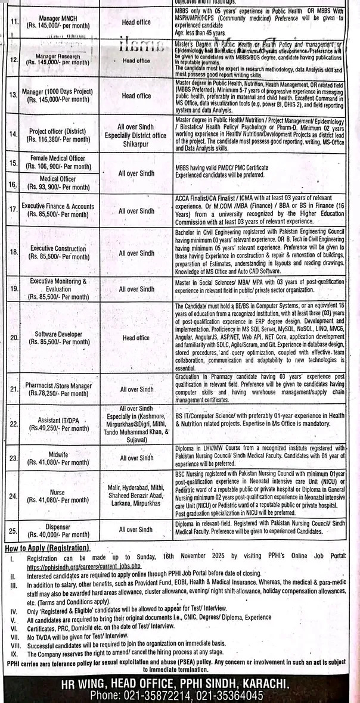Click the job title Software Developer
tap(58, 334)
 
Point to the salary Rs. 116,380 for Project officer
tap(58, 139)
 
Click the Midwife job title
tap(58, 454)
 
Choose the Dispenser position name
tap(58, 527)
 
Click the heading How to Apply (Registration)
tap(47, 548)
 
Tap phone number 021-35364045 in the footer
tap(229, 695)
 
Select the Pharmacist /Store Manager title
tap(58, 385)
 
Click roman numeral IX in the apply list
tap(12, 654)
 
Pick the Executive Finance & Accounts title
tap(58, 207)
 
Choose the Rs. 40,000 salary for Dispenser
tap(58, 534)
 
